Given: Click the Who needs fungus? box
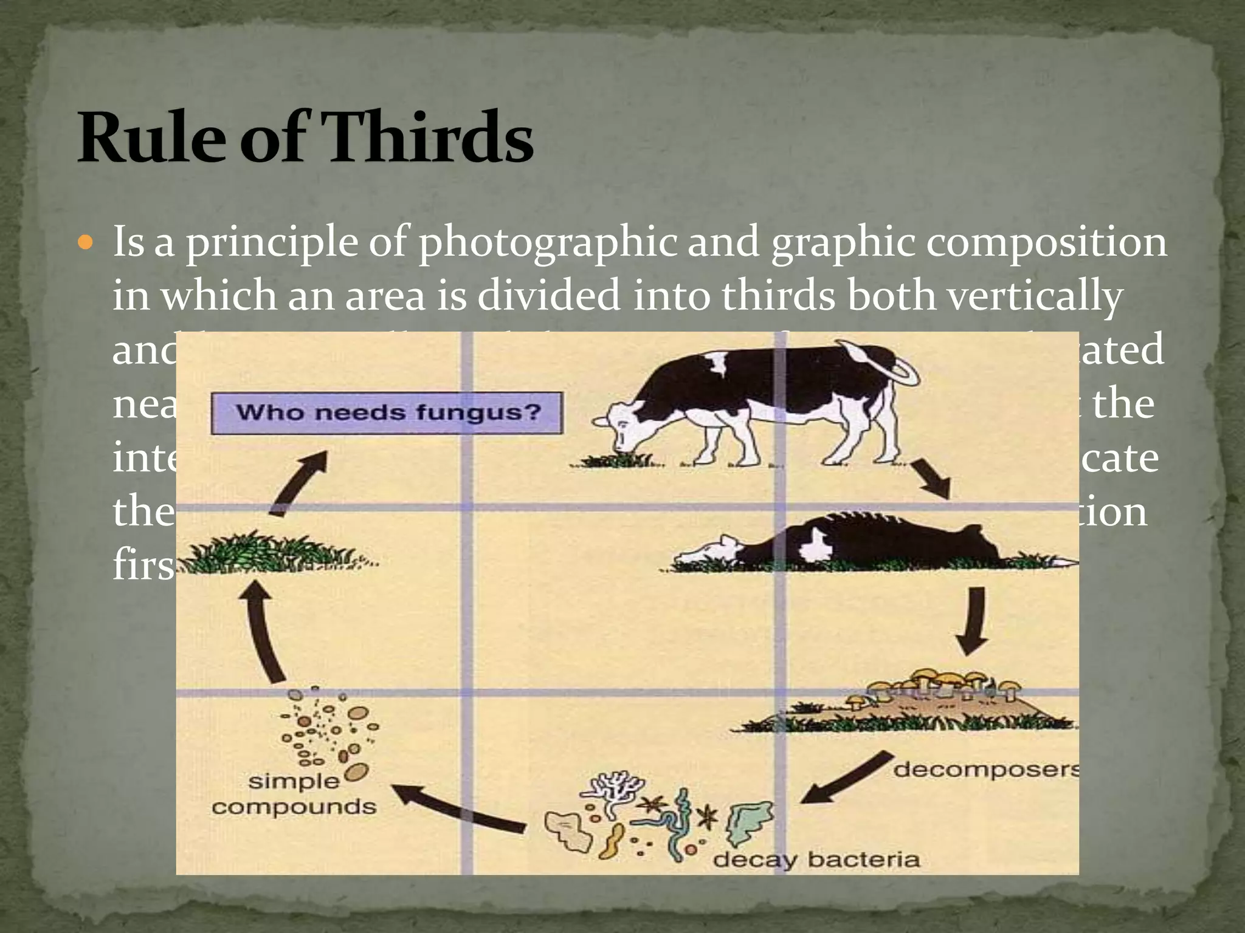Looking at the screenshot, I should [387, 413].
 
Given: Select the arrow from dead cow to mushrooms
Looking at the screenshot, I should [973, 620].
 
